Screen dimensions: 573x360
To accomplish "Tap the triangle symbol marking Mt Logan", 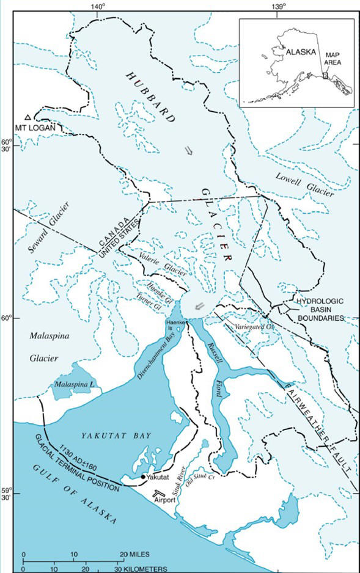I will pos(28,117).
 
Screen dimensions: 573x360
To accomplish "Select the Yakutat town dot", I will pos(143,476).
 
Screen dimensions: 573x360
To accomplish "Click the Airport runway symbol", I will pos(161,492).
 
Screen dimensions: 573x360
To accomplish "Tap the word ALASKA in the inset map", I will pos(301,53).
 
